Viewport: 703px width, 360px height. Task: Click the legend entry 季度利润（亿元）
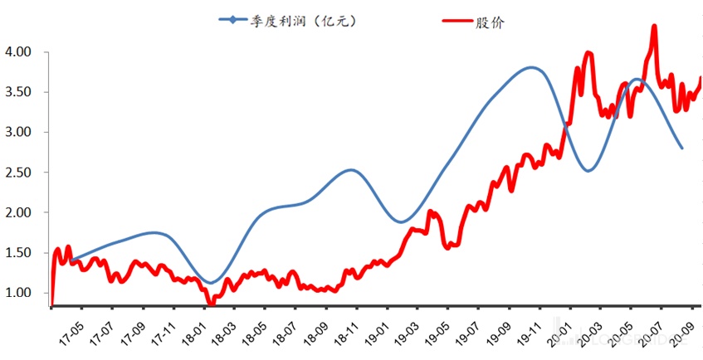click(x=304, y=22)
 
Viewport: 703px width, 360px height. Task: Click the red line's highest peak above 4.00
click(x=654, y=26)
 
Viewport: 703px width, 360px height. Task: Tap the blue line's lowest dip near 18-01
click(x=211, y=283)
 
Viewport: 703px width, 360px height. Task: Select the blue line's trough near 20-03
click(x=588, y=171)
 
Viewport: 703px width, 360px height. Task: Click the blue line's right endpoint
click(x=682, y=148)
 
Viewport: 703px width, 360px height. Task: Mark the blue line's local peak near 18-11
click(x=351, y=170)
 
